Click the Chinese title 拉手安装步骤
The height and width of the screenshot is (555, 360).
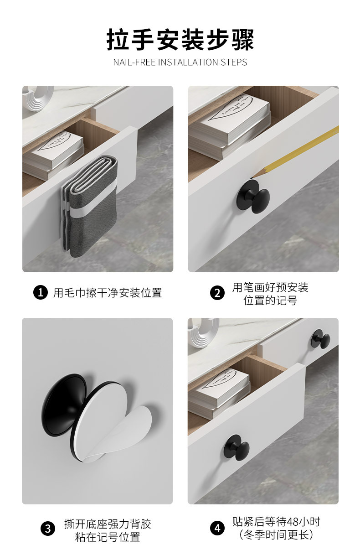coord(180,40)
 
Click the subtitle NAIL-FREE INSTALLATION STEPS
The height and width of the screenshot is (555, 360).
coord(180,62)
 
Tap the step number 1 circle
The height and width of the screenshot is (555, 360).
coord(41,292)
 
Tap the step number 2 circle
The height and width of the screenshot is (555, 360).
coord(217,293)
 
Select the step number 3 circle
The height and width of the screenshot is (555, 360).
coord(47,529)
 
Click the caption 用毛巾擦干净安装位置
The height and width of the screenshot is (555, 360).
coord(108,293)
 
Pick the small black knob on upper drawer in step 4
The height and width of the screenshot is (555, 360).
coord(321,338)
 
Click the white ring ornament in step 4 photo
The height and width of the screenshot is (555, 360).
coord(203,331)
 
